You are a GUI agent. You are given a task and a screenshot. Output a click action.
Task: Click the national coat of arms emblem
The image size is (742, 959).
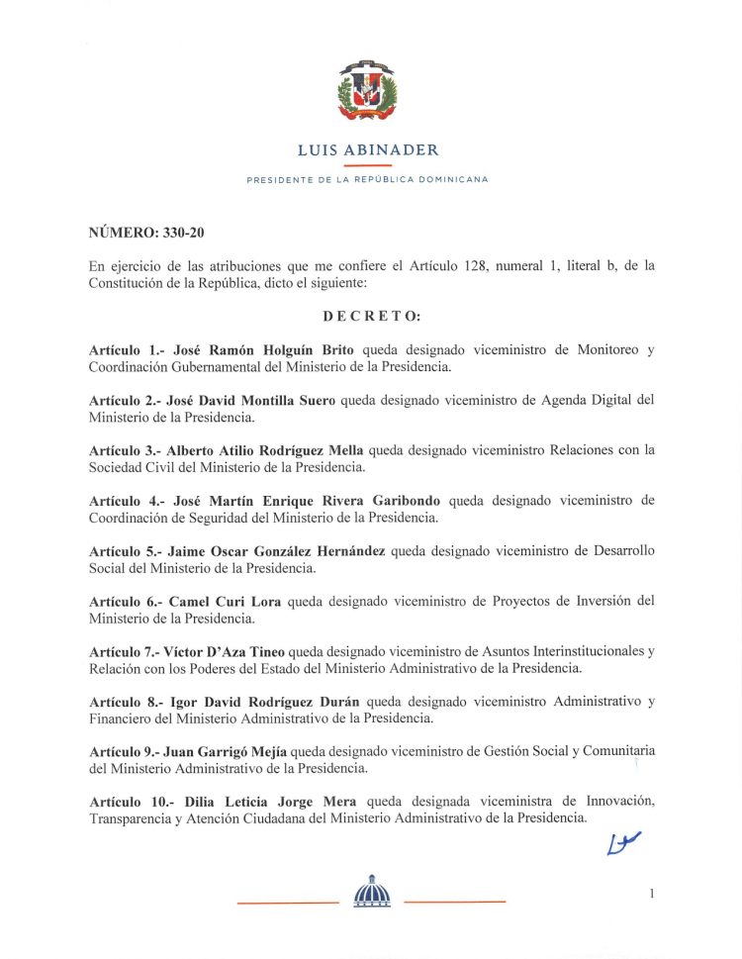tap(368, 91)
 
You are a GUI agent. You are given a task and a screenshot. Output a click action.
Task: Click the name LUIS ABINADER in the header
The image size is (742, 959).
tap(368, 150)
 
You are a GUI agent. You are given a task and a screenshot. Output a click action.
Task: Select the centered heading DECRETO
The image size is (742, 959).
tap(371, 317)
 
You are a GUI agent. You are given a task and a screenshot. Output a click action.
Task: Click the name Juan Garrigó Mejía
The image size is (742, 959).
tap(222, 751)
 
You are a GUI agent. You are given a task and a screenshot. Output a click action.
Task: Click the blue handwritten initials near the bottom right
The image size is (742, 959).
tap(623, 842)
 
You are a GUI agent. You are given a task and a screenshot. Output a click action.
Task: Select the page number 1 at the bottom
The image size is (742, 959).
tap(652, 894)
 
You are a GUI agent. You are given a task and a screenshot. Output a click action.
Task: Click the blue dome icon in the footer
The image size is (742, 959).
tap(372, 892)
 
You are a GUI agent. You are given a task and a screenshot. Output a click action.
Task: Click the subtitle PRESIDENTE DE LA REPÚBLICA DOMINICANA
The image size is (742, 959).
tap(367, 180)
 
